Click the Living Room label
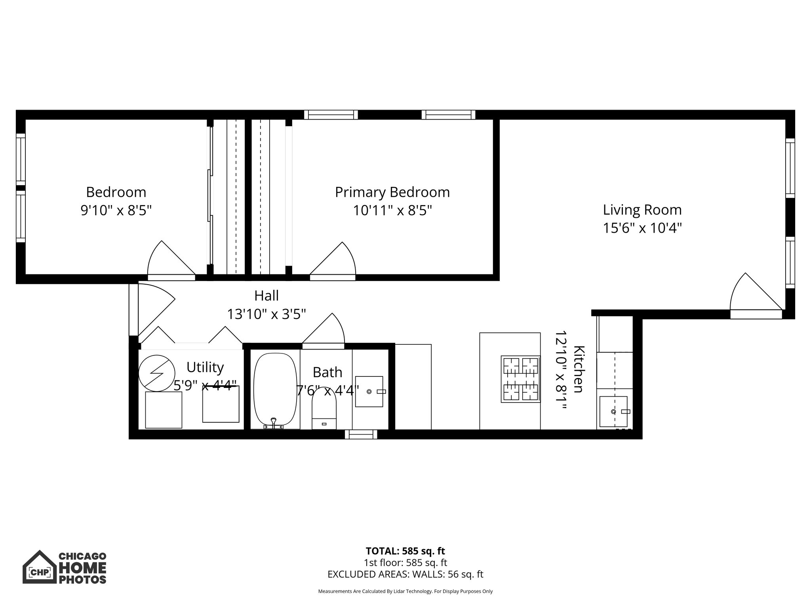point(642,210)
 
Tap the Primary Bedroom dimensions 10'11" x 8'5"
point(392,210)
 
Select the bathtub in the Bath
point(275,390)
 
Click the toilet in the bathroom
point(324,408)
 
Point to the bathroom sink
point(369,391)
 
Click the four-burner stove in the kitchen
point(521,379)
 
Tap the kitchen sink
point(613,411)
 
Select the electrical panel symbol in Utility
point(157,373)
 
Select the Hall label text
point(266,296)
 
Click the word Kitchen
point(579,369)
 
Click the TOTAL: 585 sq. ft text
point(405,551)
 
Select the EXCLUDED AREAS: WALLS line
point(405,574)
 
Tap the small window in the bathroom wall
point(361,435)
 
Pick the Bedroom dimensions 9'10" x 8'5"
point(116,210)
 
